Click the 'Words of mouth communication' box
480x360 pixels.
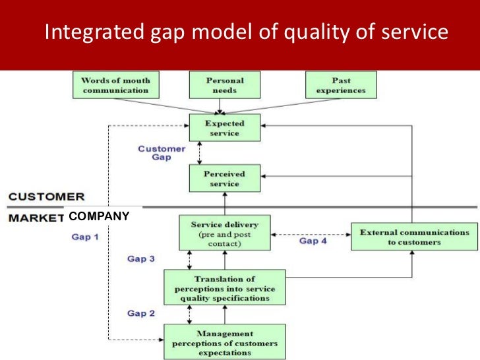[115, 86]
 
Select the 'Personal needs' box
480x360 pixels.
[224, 86]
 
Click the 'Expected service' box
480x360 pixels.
[224, 128]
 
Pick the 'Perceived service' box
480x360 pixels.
[224, 178]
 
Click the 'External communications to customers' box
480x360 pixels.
[415, 237]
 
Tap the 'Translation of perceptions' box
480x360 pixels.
[224, 287]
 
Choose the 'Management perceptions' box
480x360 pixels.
[225, 342]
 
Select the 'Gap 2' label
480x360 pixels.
[141, 313]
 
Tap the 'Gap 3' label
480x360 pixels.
[141, 258]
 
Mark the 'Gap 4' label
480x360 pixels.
[313, 241]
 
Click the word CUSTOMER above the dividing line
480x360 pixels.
[46, 196]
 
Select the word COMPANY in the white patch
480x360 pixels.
[99, 216]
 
